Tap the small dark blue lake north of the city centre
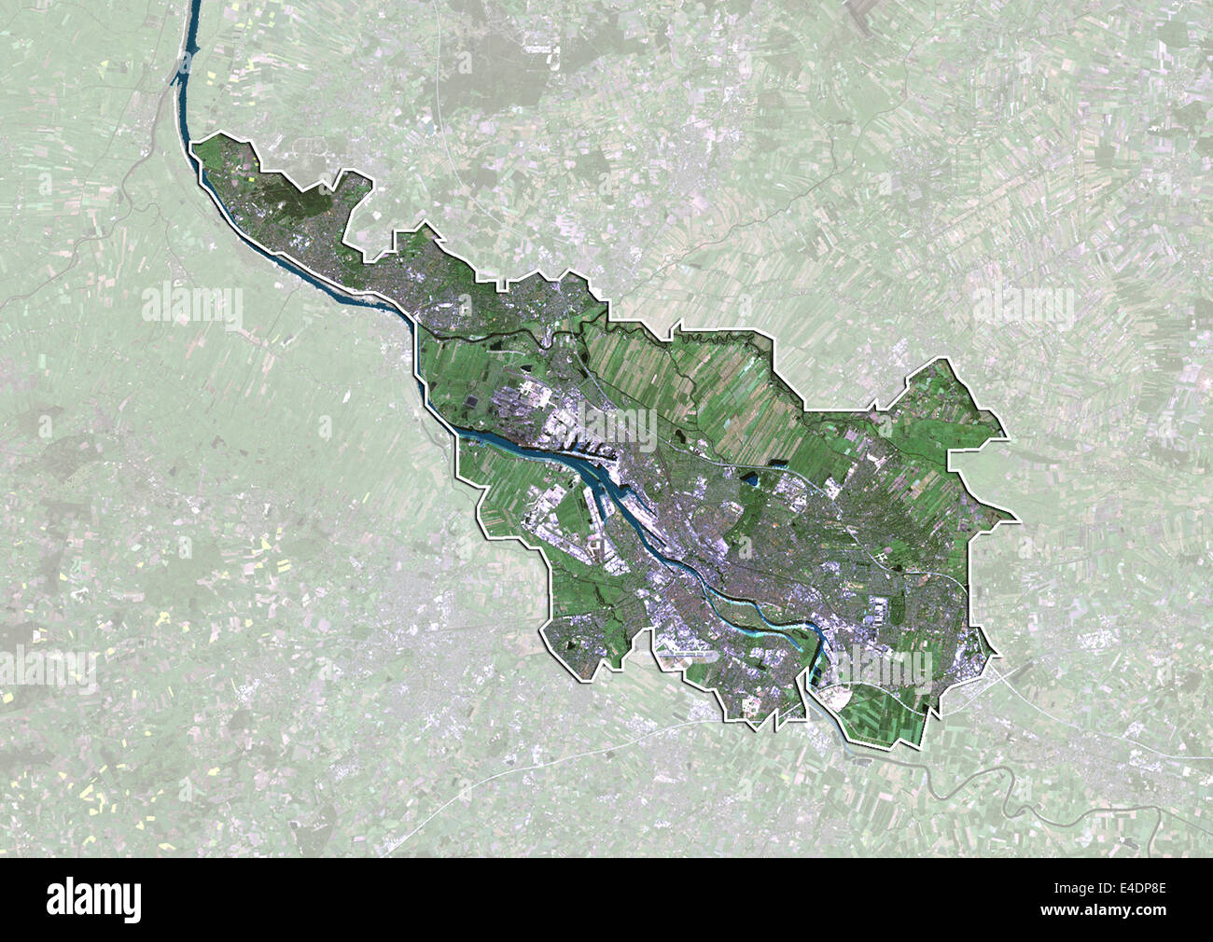[x=752, y=481]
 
